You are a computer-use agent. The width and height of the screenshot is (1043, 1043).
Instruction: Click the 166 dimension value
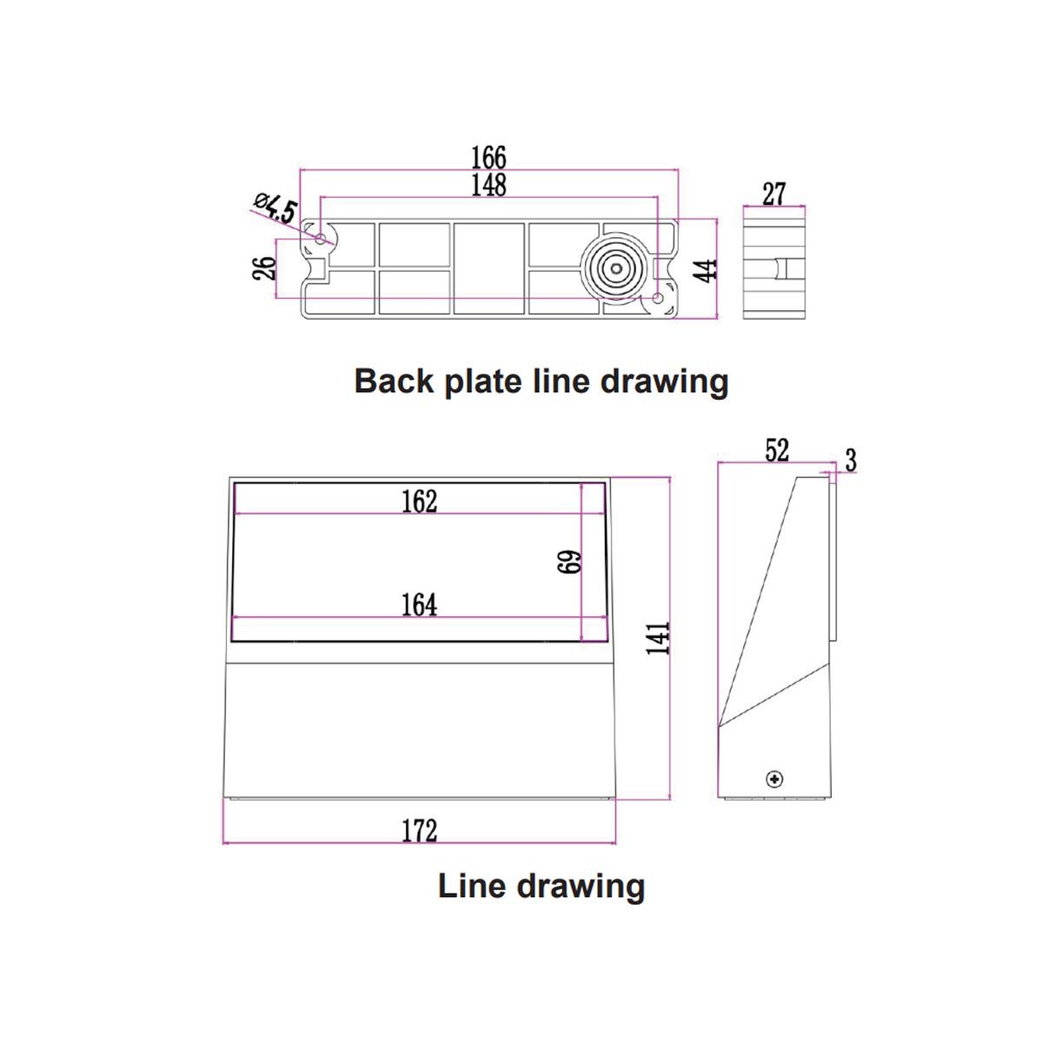(488, 157)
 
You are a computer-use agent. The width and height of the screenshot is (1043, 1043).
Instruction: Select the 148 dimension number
(488, 185)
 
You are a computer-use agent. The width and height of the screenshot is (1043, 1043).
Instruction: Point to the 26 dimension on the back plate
(264, 266)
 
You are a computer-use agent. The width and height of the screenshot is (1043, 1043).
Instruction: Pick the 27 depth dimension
(774, 194)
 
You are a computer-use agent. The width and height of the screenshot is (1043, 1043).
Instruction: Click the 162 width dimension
(419, 502)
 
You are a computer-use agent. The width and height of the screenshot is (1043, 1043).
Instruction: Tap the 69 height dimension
(570, 561)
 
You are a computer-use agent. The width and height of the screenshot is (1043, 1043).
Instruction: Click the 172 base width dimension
(419, 831)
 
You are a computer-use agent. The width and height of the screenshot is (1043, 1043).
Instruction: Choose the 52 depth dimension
(776, 450)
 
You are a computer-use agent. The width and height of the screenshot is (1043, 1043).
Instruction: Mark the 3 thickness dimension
(850, 461)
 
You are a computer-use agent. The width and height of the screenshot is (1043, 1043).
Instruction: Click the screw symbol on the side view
(774, 779)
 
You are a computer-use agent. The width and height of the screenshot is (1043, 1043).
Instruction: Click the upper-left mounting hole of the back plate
(321, 238)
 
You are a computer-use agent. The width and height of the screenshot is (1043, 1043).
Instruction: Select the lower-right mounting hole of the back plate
(658, 299)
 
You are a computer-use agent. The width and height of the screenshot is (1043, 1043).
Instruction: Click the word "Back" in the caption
(395, 382)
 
